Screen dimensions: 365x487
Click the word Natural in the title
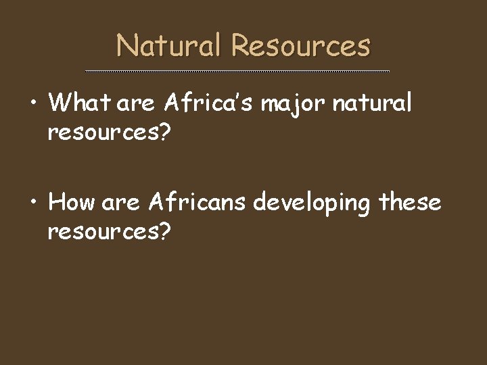click(170, 46)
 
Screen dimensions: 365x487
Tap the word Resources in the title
click(300, 46)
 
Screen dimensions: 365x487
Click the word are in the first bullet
click(138, 105)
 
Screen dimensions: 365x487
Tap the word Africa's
click(209, 104)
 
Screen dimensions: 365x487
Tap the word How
click(73, 202)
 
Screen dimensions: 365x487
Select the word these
click(411, 202)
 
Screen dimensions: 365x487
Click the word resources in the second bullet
click(102, 231)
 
